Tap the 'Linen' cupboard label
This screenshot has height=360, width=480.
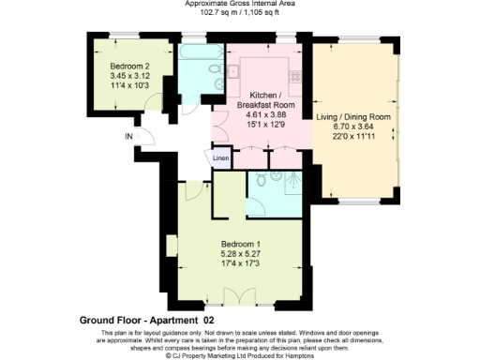click(x=221, y=158)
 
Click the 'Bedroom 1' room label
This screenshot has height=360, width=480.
click(x=238, y=239)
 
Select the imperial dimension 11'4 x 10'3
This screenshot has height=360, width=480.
click(x=128, y=87)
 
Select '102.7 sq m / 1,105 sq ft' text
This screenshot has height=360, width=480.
click(x=240, y=14)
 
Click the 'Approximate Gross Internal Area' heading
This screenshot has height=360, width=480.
click(x=240, y=5)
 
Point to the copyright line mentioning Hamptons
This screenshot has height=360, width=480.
click(x=240, y=355)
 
